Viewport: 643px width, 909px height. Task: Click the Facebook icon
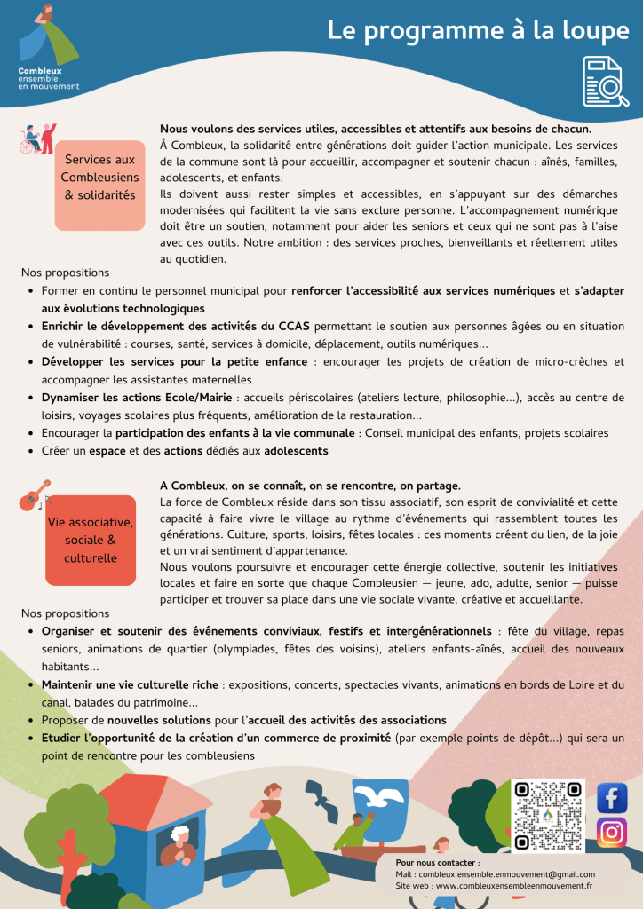click(612, 798)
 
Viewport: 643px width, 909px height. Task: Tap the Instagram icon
click(612, 833)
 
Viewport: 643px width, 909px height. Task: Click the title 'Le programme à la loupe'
click(478, 30)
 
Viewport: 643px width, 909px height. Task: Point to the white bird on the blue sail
click(380, 797)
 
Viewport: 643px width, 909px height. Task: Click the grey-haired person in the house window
click(179, 840)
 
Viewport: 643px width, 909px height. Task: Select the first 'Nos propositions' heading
click(65, 273)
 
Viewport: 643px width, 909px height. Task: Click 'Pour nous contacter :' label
click(437, 863)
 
